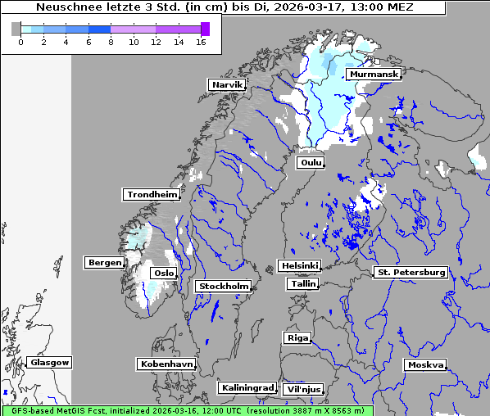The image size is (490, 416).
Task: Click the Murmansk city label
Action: click(x=374, y=75)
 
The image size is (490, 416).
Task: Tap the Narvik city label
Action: click(x=227, y=84)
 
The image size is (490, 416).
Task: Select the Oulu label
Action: click(x=311, y=162)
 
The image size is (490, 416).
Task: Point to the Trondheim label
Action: click(x=152, y=194)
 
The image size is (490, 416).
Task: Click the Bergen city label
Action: click(x=103, y=263)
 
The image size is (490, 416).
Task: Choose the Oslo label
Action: click(x=164, y=273)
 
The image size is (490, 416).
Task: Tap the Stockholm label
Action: click(x=223, y=286)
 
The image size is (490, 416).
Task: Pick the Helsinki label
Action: click(x=299, y=266)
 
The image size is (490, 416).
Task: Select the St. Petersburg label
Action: click(x=410, y=272)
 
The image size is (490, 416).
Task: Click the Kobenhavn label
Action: click(x=166, y=363)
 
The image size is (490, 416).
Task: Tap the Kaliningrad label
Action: click(x=247, y=387)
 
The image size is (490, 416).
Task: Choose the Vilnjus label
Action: click(x=303, y=389)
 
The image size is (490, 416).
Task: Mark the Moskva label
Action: click(x=425, y=364)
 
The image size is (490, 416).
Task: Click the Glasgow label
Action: click(x=49, y=362)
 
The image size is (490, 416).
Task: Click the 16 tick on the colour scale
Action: click(x=201, y=42)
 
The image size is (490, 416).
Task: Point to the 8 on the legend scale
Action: click(x=111, y=42)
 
